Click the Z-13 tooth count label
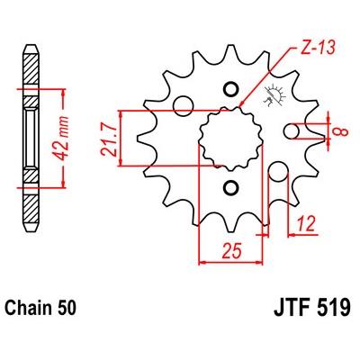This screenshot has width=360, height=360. point(318,48)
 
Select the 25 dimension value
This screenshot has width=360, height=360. point(231,250)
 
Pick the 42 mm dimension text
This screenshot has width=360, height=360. point(62,138)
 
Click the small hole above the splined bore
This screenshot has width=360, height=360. point(230,89)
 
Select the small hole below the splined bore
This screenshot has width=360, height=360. point(230,188)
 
